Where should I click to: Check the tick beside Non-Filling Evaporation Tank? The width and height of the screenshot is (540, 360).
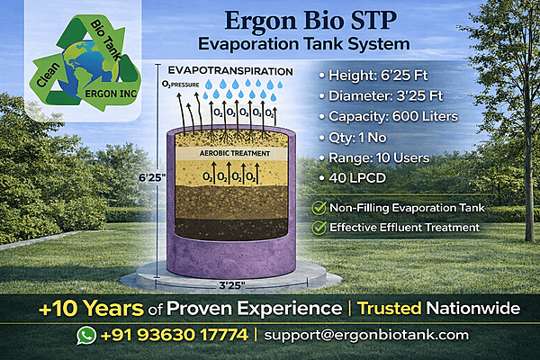(x=318, y=207)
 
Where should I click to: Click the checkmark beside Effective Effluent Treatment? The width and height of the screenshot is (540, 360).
(x=318, y=227)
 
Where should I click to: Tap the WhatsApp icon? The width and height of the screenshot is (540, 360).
(x=85, y=335)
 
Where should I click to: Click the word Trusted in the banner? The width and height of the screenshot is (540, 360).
(x=392, y=309)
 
